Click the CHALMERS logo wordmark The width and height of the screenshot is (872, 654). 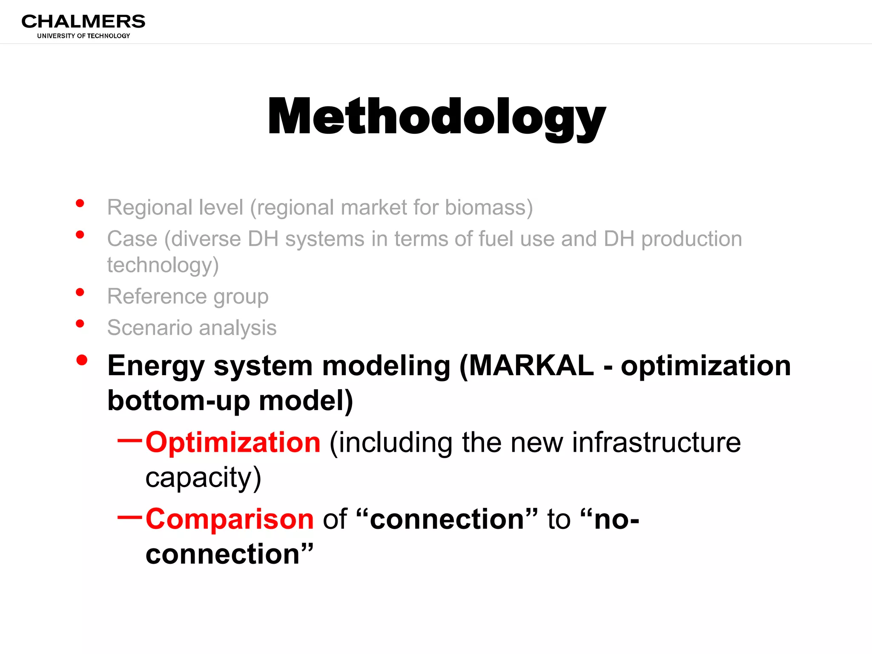tap(83, 21)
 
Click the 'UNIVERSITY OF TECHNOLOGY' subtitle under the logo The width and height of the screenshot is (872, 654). tap(83, 36)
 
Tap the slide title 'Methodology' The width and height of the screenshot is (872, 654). tap(436, 117)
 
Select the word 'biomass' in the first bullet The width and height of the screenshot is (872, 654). tap(485, 207)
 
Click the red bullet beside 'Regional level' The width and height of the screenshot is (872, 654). tap(80, 203)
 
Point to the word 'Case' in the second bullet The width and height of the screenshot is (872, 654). tap(132, 239)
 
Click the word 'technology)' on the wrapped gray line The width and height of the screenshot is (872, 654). tap(163, 265)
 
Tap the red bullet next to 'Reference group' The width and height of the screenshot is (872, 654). tap(80, 292)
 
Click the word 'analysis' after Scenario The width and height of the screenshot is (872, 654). tap(238, 328)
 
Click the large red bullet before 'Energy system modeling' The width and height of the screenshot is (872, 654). tap(82, 360)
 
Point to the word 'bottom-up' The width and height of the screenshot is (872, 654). tap(178, 401)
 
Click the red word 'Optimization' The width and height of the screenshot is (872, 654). tap(233, 442)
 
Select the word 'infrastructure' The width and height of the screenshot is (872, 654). tap(656, 442)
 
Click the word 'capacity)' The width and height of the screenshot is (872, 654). tap(203, 477)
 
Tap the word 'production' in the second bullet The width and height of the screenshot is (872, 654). tap(691, 239)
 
